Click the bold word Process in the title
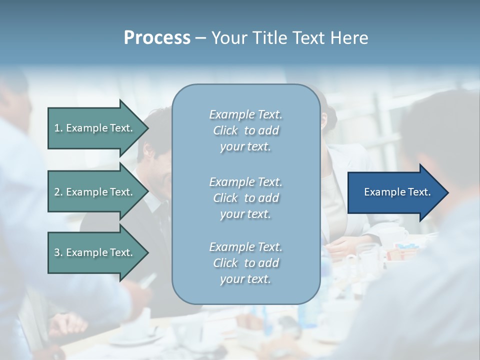coord(157,38)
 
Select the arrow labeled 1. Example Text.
coord(95,128)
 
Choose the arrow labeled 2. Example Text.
coord(95,192)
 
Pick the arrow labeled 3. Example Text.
coord(95,252)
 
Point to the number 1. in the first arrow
coord(58,128)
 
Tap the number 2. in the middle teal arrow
coord(58,192)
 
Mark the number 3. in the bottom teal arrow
coord(58,252)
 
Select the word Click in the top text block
coord(225,130)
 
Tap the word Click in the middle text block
coord(225,198)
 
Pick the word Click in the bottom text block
coord(225,263)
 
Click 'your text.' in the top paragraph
coord(245,147)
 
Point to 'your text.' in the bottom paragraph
coord(245,279)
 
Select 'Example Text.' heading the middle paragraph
coord(245,182)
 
